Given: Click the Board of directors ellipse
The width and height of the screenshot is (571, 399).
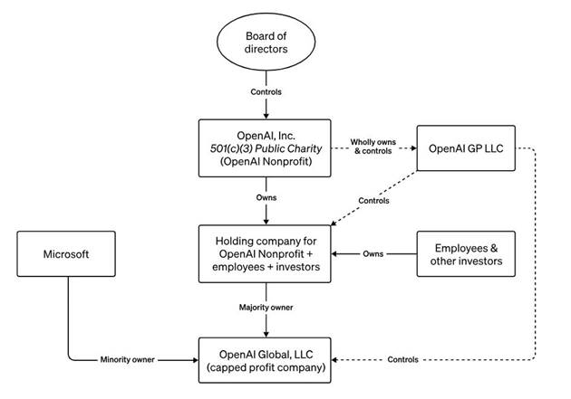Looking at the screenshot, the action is [x=266, y=42].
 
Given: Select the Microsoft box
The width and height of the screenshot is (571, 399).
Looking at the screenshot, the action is [x=66, y=253].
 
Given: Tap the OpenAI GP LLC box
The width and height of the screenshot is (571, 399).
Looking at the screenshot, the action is [x=466, y=148].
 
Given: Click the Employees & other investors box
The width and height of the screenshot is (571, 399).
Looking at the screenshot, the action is [x=466, y=254].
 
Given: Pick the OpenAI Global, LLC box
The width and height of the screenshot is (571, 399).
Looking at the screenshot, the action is [x=265, y=360].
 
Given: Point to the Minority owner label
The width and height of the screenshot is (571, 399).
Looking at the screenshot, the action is [x=128, y=360].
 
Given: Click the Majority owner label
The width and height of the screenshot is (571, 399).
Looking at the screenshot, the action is [x=266, y=308].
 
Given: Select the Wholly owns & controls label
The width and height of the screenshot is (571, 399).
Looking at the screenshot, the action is [x=373, y=147].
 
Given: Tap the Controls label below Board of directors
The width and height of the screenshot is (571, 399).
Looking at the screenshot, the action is [x=266, y=92].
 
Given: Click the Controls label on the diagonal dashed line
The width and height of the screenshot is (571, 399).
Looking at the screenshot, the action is [x=373, y=201].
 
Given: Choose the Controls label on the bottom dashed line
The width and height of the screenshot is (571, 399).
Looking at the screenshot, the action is [x=402, y=359].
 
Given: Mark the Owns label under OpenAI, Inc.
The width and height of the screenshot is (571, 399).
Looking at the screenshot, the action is [x=266, y=197].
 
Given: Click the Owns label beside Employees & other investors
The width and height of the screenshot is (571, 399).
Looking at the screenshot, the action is [x=373, y=253].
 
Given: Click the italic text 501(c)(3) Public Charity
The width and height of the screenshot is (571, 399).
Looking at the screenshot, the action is [x=266, y=148].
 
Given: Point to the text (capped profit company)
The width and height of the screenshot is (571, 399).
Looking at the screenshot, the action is [x=266, y=367].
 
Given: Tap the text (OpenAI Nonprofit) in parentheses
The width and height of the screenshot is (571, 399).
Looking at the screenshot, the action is [x=266, y=161].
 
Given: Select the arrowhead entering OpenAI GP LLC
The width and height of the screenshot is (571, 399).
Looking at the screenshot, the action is [x=413, y=147].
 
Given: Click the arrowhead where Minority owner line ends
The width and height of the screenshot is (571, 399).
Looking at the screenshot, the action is [x=195, y=360].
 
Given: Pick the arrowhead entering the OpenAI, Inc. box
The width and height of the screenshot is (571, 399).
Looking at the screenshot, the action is [x=266, y=116].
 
